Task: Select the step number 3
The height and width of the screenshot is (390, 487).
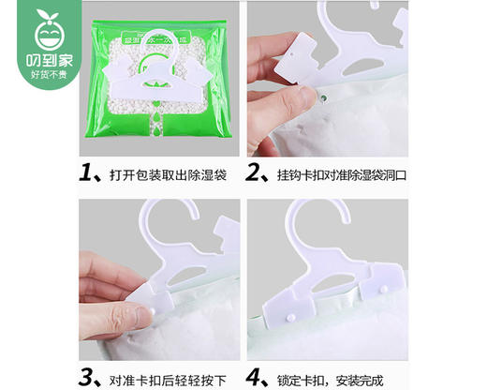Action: pyautogui.click(x=89, y=379)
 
